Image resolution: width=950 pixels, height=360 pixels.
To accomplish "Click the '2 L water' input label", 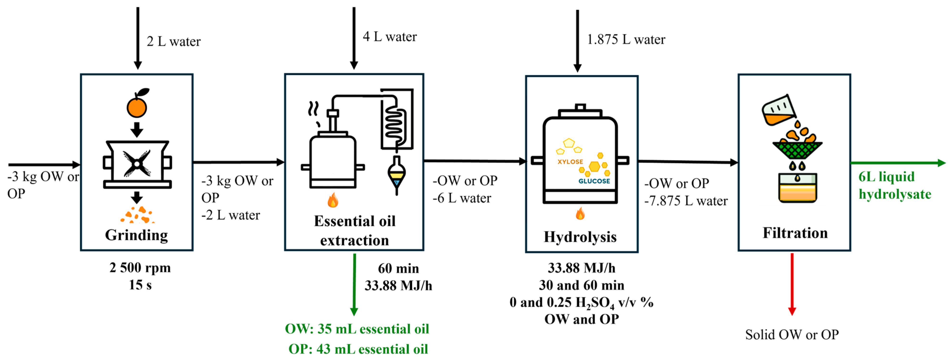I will point(173,41).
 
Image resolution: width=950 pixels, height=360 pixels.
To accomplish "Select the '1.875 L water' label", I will point(626,39).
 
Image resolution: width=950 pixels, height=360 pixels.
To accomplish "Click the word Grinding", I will point(137,235).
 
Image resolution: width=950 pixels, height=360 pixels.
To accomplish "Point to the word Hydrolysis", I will point(580,237).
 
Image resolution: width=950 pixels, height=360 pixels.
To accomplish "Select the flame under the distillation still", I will point(333,200).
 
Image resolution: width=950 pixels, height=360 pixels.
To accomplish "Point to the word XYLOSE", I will point(570,162).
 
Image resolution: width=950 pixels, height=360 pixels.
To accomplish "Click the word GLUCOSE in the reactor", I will point(594,181).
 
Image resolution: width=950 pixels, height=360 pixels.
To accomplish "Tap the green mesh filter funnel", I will point(797,150).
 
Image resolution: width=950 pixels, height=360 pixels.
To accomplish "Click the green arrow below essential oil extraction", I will point(354,284).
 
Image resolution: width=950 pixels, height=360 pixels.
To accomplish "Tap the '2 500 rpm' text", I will point(140,268).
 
